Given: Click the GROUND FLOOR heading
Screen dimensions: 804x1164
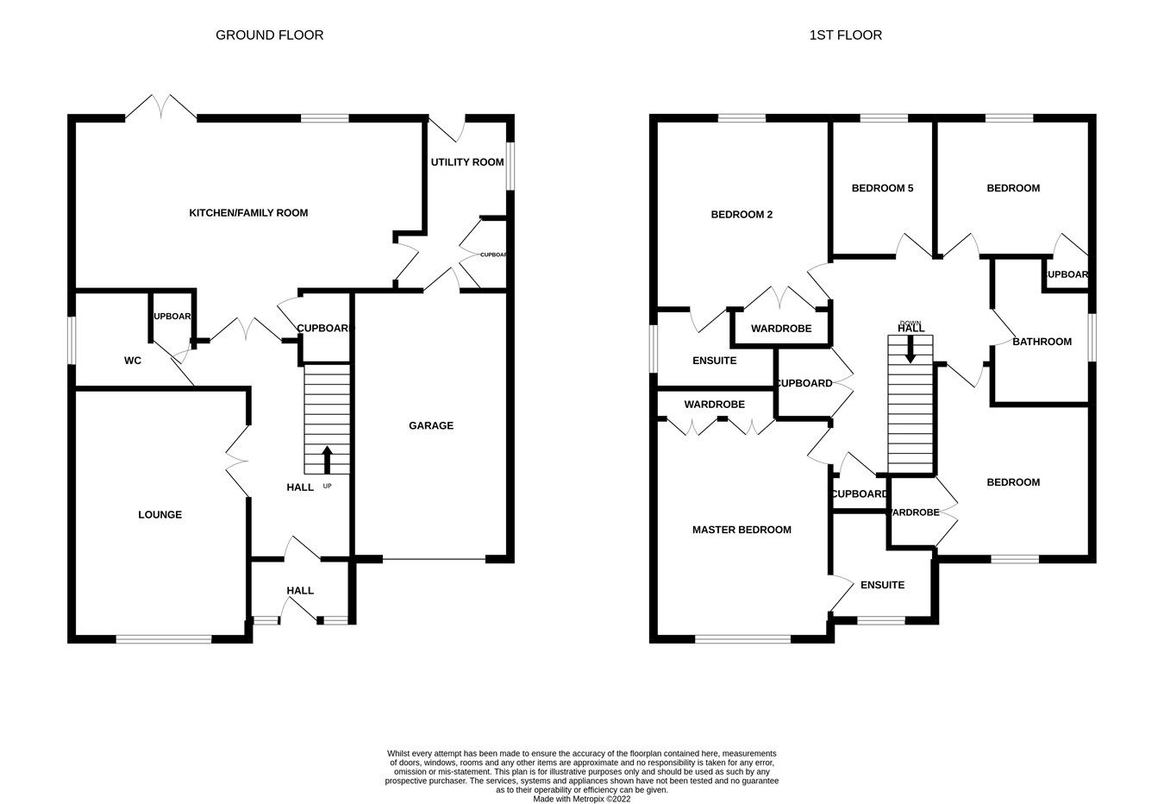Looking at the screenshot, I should [269, 35].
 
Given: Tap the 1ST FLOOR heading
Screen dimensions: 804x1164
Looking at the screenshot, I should [845, 35].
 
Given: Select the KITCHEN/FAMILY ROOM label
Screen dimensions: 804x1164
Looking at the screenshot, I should [248, 213].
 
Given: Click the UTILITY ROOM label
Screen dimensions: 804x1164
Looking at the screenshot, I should [467, 162].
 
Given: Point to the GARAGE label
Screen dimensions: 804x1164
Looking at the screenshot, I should [430, 425].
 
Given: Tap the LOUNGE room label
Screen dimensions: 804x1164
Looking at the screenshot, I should [160, 515].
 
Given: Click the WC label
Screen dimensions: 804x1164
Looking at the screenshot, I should [132, 361].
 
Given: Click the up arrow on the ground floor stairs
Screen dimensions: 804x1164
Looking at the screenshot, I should [327, 459].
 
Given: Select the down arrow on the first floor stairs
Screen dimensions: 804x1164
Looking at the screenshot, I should [911, 349].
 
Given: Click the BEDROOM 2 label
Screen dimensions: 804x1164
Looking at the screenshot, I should [741, 215].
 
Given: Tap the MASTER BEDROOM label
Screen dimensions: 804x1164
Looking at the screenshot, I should [741, 530].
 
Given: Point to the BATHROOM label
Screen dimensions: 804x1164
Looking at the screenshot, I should [1042, 342].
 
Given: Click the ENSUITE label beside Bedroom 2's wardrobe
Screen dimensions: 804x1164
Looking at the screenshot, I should [714, 361].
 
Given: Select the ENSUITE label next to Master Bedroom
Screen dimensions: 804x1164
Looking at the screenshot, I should [882, 585].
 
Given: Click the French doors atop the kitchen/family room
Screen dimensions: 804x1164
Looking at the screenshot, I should [161, 107].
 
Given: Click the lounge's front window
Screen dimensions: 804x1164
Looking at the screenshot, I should [163, 639].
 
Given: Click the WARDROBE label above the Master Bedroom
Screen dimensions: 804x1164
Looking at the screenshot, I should [714, 405].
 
